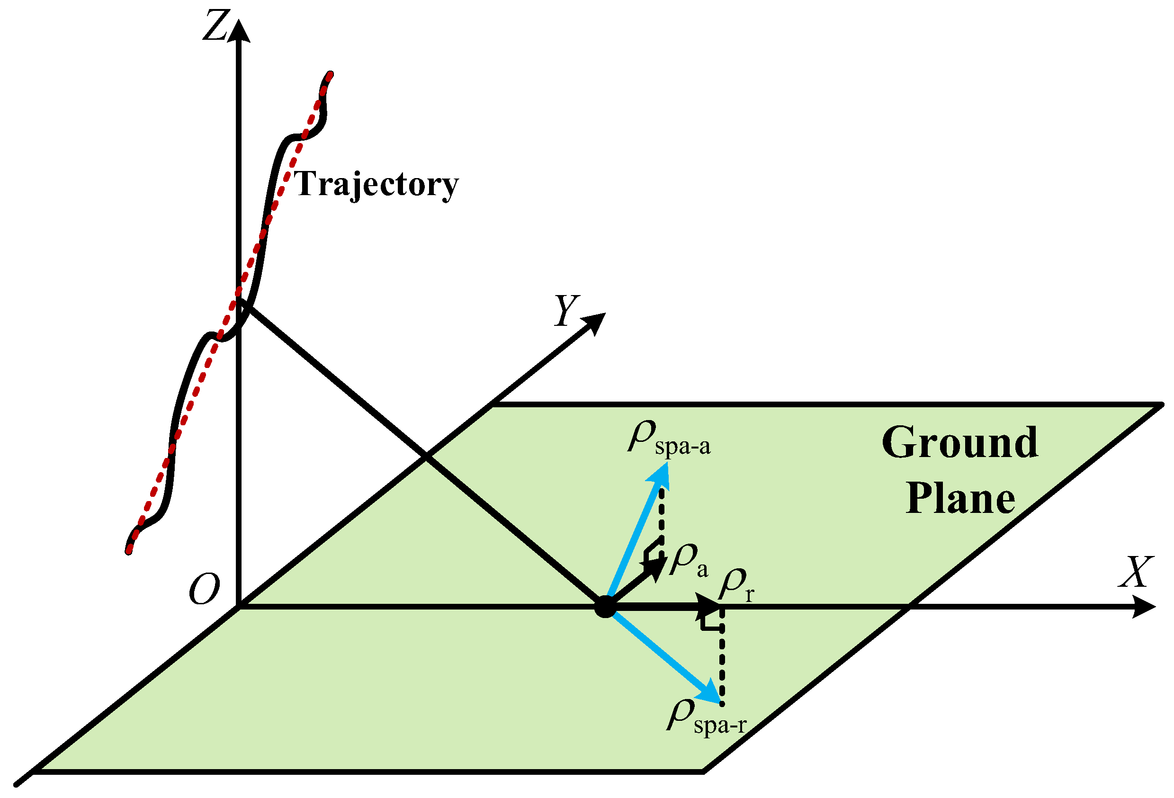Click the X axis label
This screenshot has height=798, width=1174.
tap(1136, 572)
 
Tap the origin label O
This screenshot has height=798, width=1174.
tap(204, 590)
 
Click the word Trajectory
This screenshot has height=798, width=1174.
tap(376, 184)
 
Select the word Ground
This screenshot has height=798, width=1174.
tap(960, 443)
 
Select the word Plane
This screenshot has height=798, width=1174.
tap(960, 500)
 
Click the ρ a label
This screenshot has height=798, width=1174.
tap(688, 561)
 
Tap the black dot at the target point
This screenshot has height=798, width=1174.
tap(605, 607)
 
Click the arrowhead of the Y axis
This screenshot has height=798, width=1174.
tap(595, 322)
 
